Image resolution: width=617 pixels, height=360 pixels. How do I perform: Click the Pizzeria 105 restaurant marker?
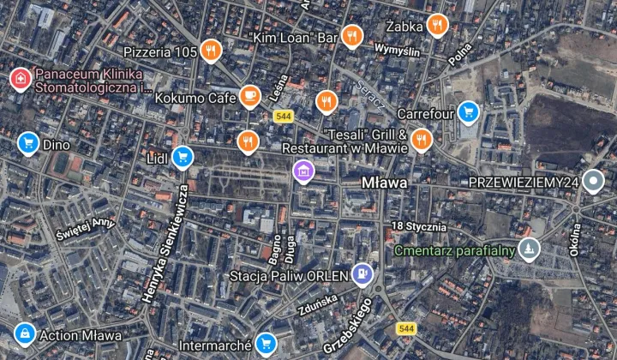point(210,51)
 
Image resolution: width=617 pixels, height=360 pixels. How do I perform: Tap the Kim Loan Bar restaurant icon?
point(350,36)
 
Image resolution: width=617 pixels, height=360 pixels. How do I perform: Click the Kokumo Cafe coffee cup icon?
point(249,96)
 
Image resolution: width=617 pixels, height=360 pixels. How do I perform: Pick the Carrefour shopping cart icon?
point(467,111)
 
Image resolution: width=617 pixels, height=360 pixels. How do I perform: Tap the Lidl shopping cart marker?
point(182,156)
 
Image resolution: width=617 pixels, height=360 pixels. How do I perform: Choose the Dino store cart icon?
point(28,142)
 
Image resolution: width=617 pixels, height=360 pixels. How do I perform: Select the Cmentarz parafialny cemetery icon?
point(531,249)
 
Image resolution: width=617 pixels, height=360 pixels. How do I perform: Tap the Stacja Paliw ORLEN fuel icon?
point(363,274)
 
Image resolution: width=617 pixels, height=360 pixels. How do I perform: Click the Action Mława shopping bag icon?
point(25,333)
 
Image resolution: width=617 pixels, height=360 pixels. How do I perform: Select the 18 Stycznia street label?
point(417,226)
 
